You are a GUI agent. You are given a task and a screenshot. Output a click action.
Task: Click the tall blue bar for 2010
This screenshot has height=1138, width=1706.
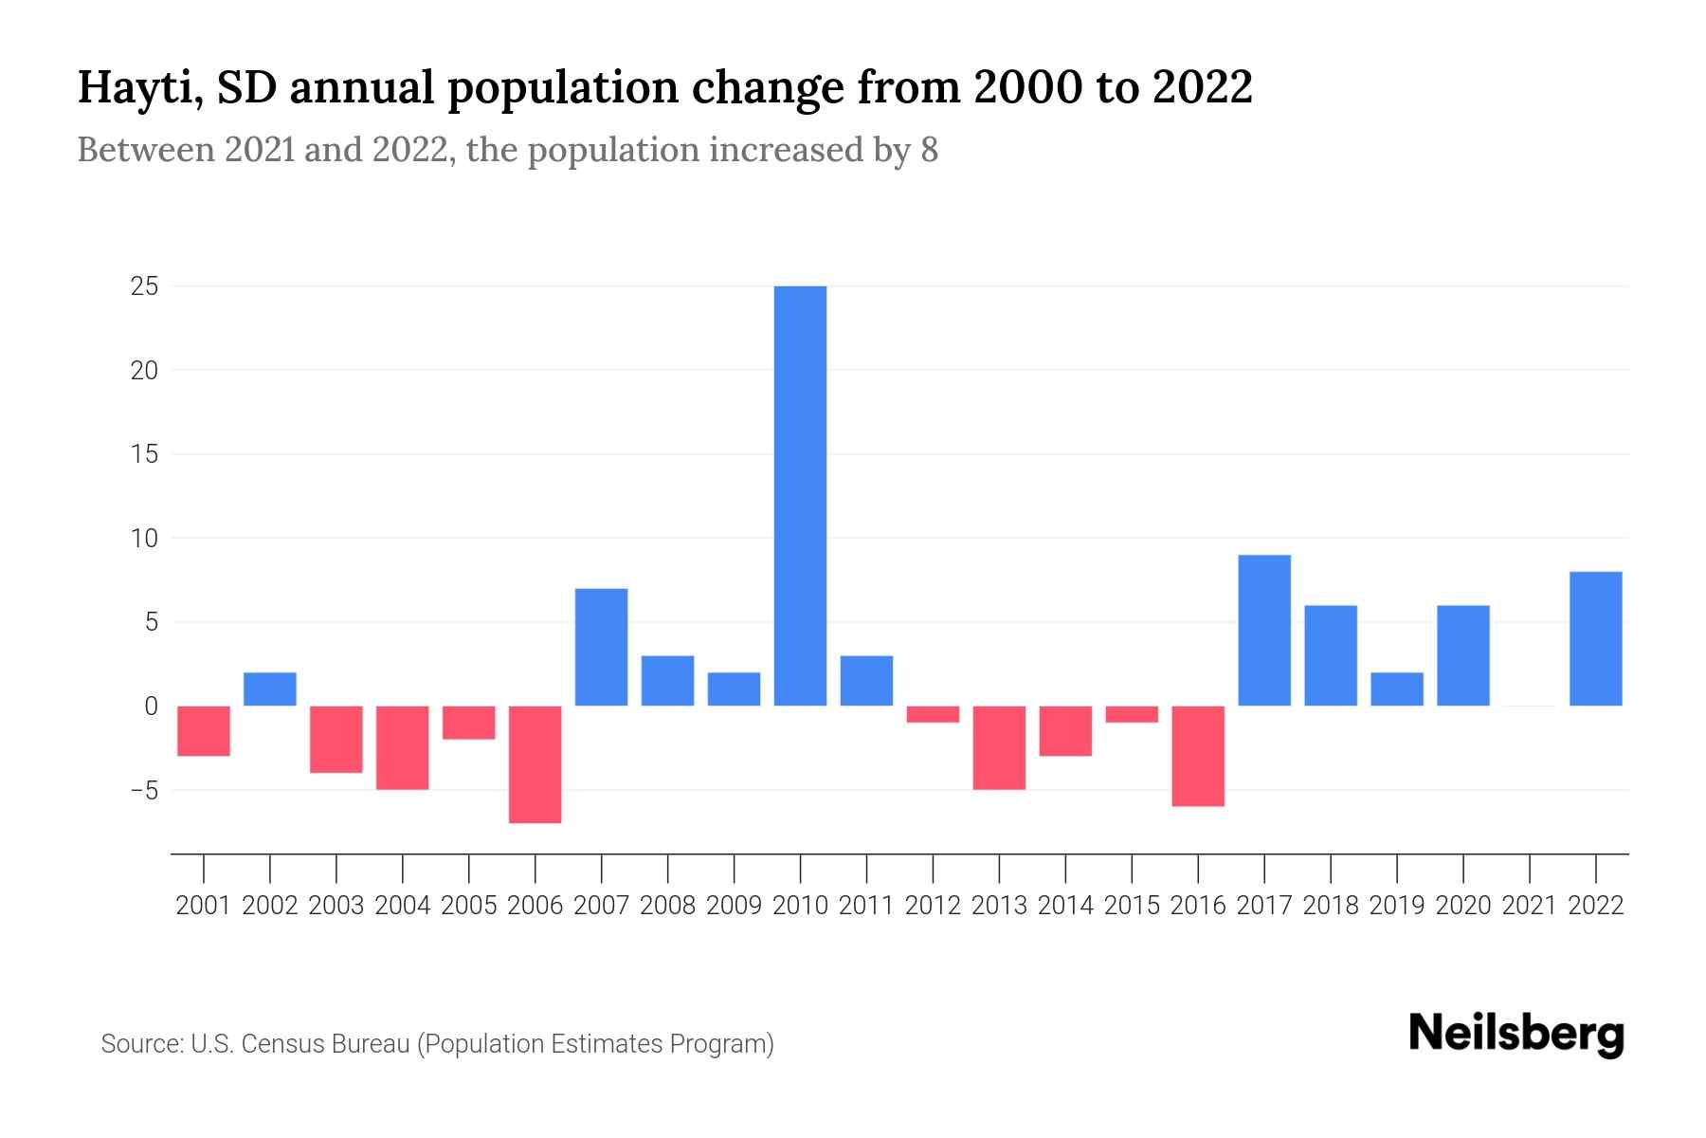pyautogui.click(x=800, y=495)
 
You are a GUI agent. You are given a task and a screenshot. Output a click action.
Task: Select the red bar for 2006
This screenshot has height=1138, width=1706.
pyautogui.click(x=535, y=764)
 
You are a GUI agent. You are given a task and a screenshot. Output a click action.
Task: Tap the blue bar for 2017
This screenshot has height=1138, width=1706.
pyautogui.click(x=1264, y=631)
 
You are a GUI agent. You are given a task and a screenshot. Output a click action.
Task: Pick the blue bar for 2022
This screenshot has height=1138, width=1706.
pyautogui.click(x=1596, y=638)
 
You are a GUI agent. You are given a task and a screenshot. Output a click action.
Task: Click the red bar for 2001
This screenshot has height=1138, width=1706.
pyautogui.click(x=204, y=731)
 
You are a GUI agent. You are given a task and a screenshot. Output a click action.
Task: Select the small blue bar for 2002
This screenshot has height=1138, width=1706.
pyautogui.click(x=270, y=689)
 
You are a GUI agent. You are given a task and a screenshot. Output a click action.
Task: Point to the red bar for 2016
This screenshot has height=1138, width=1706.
pyautogui.click(x=1198, y=756)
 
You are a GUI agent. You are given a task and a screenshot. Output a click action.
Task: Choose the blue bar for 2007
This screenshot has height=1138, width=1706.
pyautogui.click(x=602, y=647)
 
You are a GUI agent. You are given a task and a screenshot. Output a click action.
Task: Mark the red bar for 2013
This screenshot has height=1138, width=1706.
pyautogui.click(x=999, y=747)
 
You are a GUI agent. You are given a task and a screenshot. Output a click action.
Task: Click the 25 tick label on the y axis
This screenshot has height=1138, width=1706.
pyautogui.click(x=144, y=286)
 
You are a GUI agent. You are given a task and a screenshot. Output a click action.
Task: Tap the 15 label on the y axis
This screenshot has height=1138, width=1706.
pyautogui.click(x=144, y=454)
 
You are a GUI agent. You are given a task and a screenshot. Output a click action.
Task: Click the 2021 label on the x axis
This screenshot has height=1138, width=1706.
pyautogui.click(x=1530, y=906)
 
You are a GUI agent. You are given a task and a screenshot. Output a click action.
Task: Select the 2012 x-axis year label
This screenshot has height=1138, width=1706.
pyautogui.click(x=933, y=906)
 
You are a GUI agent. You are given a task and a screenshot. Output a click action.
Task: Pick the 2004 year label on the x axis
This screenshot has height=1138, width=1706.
pyautogui.click(x=403, y=906)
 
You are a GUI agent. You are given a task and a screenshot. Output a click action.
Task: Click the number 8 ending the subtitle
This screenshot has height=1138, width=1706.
pyautogui.click(x=929, y=151)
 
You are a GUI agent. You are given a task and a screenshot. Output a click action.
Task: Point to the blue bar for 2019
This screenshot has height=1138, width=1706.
pyautogui.click(x=1397, y=689)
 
